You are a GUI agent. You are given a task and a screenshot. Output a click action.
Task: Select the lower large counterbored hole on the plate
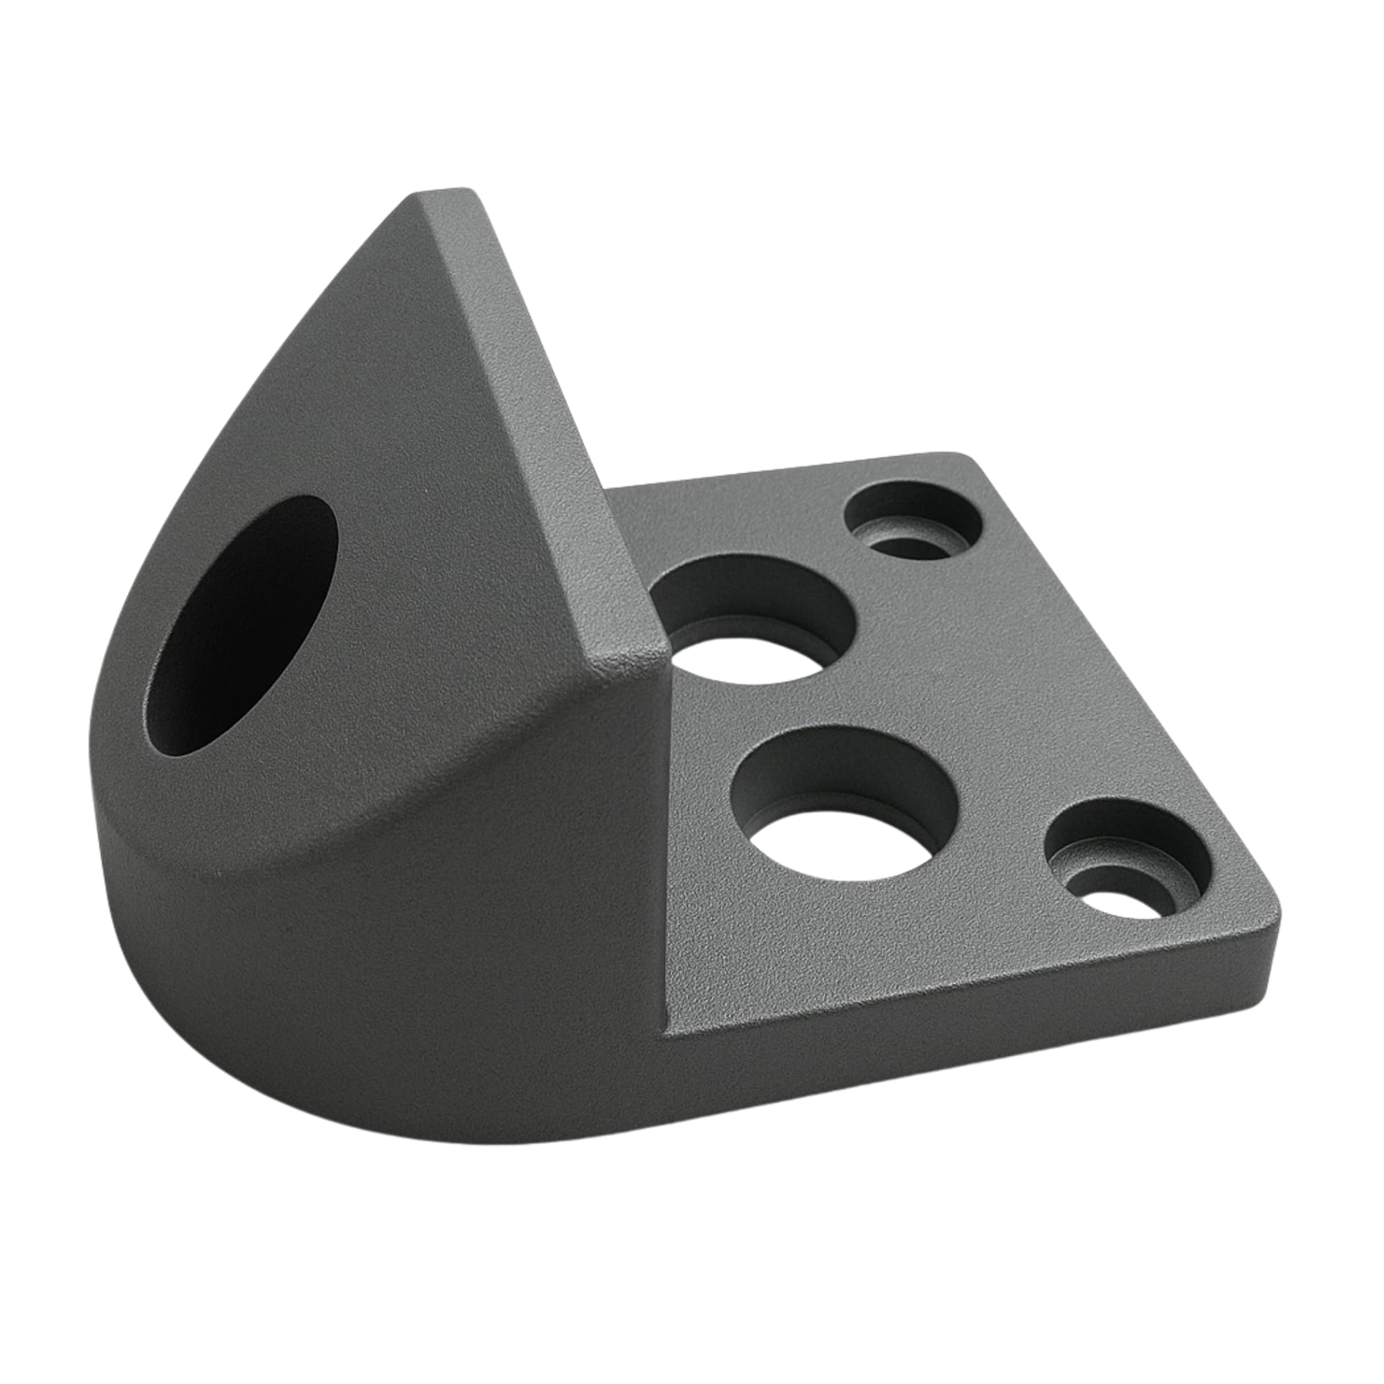click(x=846, y=795)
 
